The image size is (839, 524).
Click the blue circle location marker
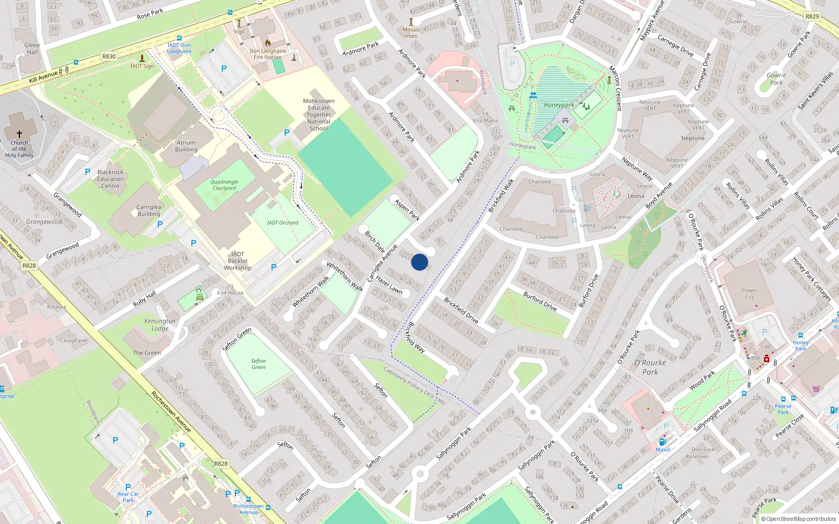tap(419, 262)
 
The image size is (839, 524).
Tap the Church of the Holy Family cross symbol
tap(19, 134)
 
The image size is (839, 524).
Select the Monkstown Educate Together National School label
tap(319, 115)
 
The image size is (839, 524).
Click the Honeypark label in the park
tap(558, 105)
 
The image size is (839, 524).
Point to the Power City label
tap(750, 293)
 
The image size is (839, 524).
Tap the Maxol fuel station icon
tap(662, 442)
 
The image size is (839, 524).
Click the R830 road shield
tap(109, 57)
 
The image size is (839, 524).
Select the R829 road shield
tap(812, 16)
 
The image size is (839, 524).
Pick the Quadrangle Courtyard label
tap(224, 185)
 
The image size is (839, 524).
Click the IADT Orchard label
tap(282, 223)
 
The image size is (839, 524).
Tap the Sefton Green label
tap(258, 364)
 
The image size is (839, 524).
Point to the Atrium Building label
tap(186, 146)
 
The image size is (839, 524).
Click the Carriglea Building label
tap(149, 210)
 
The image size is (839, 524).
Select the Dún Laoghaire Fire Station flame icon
tap(268, 43)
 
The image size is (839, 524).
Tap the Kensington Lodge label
tap(160, 325)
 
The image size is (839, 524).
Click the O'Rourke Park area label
tap(650, 367)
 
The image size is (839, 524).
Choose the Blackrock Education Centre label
tap(110, 179)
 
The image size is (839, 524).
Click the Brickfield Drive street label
tap(461, 310)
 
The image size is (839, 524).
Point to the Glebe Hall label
tap(32, 48)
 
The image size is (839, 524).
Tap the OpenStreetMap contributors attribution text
tap(801, 519)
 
